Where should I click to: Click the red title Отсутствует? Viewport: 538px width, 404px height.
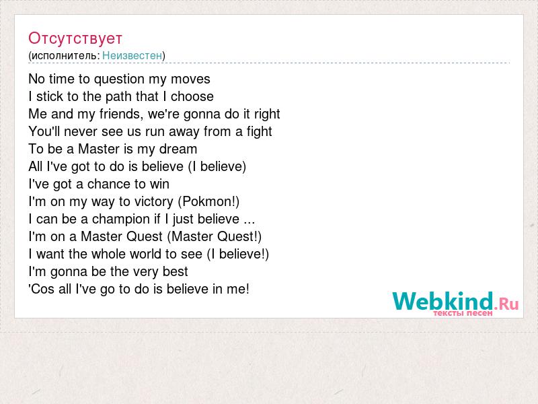point(75,38)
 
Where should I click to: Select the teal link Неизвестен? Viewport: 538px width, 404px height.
point(132,55)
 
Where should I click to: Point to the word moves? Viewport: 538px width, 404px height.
point(190,79)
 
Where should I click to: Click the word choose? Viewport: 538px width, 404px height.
point(192,96)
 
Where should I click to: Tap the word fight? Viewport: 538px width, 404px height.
point(260,131)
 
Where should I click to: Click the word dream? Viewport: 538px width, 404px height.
point(178,149)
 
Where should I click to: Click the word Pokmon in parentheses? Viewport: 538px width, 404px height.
point(207,201)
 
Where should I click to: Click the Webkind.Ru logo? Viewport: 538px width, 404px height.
point(455,302)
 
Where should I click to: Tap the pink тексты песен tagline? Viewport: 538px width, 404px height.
point(463,313)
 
